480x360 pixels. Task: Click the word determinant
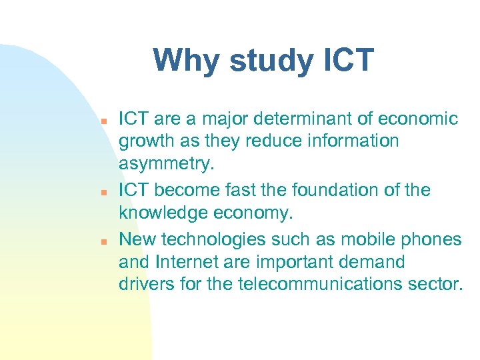[312, 119]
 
